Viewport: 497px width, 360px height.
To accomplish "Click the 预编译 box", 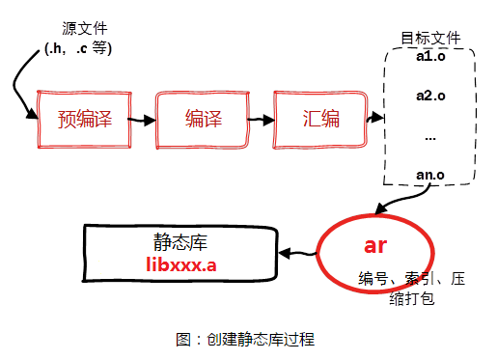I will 85,121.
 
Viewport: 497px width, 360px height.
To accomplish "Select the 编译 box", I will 204,121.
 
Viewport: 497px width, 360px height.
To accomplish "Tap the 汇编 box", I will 319,121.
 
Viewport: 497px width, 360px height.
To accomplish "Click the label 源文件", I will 76,29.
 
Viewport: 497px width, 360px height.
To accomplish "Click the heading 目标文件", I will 430,39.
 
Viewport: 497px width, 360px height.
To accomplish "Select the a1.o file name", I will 430,57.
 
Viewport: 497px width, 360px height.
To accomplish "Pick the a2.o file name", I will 430,96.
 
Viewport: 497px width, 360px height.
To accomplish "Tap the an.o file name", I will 430,174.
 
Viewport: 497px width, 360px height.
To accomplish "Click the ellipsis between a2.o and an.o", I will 430,136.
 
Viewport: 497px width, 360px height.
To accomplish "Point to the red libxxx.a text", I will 182,263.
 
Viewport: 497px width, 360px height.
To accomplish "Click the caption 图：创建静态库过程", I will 245,339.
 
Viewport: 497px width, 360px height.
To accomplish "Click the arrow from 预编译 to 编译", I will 142,122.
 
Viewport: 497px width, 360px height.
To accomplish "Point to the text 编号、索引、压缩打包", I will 410,289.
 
